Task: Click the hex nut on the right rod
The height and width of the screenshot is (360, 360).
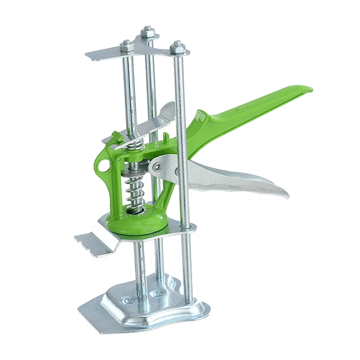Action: [x=176, y=45]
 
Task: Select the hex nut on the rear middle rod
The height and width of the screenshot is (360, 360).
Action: [x=147, y=31]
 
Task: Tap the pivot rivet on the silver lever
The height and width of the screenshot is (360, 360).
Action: [x=157, y=166]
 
